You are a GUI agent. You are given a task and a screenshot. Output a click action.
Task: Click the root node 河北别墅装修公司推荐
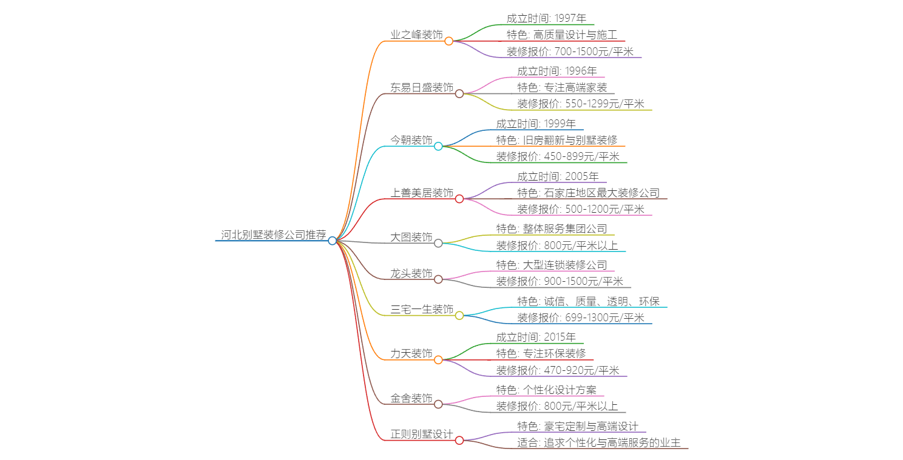[x=273, y=235]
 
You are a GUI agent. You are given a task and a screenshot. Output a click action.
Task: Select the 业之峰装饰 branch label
[x=416, y=35]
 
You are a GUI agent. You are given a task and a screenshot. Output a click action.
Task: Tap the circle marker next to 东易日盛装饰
[x=459, y=93]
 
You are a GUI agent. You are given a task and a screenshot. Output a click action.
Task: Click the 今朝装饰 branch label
[x=411, y=140]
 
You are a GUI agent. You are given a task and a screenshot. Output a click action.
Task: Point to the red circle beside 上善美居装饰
[x=459, y=199]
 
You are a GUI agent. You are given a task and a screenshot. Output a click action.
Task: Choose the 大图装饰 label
[x=411, y=237]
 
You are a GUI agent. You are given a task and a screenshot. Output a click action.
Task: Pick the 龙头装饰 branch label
[x=411, y=273]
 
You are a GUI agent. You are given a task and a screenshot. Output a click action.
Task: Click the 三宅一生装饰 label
[x=422, y=310]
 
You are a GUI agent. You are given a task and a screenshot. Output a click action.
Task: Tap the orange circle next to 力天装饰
[x=438, y=360]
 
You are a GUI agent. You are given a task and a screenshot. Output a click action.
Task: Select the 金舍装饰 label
[x=411, y=398]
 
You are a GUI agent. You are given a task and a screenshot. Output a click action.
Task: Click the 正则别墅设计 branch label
[x=422, y=434]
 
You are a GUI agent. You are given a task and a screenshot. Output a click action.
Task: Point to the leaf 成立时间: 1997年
[x=546, y=19]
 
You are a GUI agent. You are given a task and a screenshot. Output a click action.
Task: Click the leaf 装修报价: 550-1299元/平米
[x=581, y=104]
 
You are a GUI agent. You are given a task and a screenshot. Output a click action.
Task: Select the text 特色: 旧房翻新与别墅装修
[x=556, y=140]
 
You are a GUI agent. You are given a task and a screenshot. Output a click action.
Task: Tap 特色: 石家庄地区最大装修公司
[x=588, y=193]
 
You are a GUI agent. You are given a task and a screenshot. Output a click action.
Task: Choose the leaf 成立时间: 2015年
[x=536, y=338]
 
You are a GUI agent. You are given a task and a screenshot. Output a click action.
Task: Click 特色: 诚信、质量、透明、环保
[x=588, y=301]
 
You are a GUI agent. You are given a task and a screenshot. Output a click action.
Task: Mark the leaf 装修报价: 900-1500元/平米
[x=560, y=281]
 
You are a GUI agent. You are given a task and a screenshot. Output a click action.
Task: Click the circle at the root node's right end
[x=332, y=241]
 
